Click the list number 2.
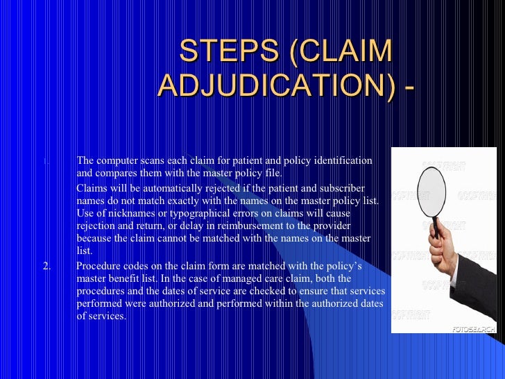coord(46,266)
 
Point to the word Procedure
coord(98,266)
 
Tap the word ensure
coord(322,291)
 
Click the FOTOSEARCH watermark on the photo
coord(472,328)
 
